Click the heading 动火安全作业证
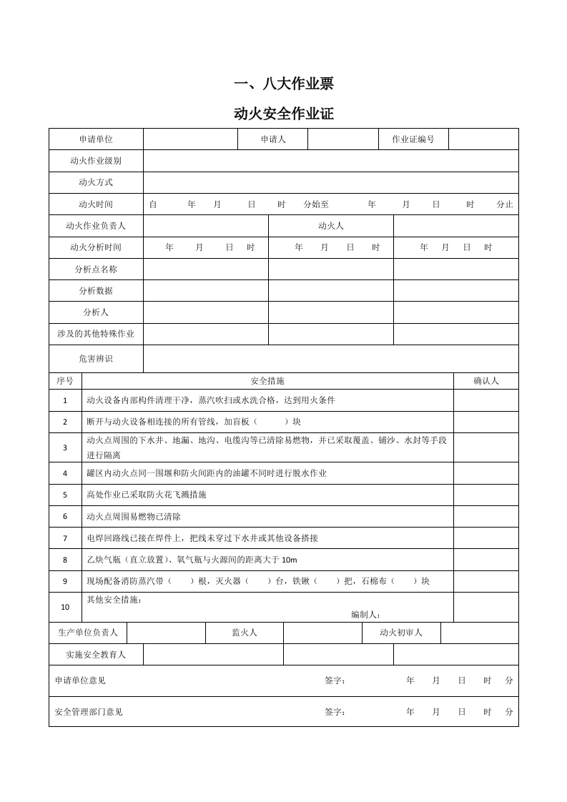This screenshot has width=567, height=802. [x=284, y=114]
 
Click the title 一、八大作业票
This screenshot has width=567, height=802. [x=284, y=84]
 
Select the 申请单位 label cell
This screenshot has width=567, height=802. [x=96, y=139]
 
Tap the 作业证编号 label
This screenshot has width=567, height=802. [x=413, y=139]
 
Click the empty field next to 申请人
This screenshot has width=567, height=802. [x=342, y=139]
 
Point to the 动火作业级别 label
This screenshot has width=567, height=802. [x=96, y=161]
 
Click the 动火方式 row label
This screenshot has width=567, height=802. [x=96, y=182]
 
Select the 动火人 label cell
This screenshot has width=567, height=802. [x=330, y=226]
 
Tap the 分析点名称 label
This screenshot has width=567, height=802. [x=96, y=269]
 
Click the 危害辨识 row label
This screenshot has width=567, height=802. [x=96, y=358]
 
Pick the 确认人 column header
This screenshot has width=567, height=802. [x=486, y=381]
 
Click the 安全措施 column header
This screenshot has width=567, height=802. [x=268, y=381]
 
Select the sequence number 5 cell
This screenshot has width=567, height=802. [x=65, y=495]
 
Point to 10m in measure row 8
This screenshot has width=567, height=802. [x=290, y=560]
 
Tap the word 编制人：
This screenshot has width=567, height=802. [x=365, y=615]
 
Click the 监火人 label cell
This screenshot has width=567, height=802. [x=245, y=633]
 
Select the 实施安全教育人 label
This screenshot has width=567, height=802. [x=96, y=654]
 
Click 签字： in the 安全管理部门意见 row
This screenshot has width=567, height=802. [x=335, y=712]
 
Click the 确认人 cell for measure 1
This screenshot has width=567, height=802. [x=486, y=400]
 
